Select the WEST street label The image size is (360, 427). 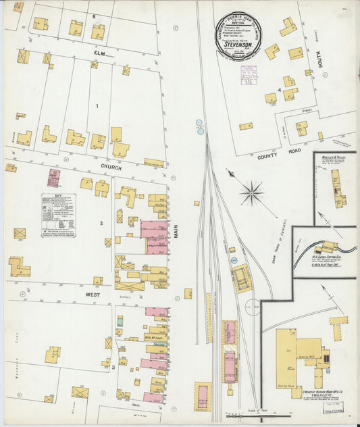93,295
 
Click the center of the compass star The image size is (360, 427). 252,193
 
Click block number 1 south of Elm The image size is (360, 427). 97,105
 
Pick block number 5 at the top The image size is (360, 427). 95,16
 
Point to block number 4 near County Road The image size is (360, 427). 279,89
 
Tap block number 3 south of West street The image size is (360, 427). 113,368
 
